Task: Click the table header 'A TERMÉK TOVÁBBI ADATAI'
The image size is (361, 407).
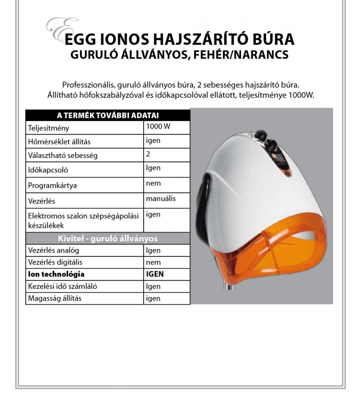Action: tap(108, 115)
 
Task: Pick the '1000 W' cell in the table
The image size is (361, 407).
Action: tap(158, 127)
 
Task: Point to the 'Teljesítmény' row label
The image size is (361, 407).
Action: tap(49, 128)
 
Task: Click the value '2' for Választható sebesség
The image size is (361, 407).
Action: tap(148, 154)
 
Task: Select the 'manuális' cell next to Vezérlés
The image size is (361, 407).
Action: tap(161, 199)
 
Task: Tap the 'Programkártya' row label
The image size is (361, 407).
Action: tap(53, 185)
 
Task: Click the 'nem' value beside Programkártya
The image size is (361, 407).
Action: tap(153, 183)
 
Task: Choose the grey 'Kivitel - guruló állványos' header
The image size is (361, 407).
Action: tap(108, 239)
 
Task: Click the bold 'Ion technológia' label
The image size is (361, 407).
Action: tap(56, 274)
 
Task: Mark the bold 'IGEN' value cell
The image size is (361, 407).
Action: tap(155, 274)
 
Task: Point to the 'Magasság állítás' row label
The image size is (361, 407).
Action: tap(55, 298)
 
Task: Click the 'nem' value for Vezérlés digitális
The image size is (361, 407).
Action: tap(153, 263)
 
